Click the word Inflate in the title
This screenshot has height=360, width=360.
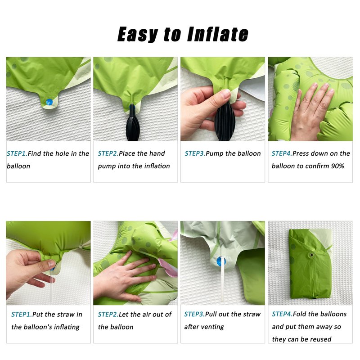coord(218,34)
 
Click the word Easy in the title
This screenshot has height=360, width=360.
coord(138,34)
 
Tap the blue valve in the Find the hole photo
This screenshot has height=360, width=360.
coord(49,102)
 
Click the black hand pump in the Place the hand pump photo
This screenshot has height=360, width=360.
coord(133,124)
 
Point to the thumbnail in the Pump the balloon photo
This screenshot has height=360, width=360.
coord(226,94)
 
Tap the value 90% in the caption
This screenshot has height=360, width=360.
coord(337,166)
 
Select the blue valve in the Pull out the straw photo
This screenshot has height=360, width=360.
coord(221,261)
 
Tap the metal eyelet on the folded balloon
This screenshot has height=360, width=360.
coord(311,255)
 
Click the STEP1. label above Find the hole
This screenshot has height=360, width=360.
coord(17,153)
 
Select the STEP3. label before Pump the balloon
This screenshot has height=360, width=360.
coord(195,153)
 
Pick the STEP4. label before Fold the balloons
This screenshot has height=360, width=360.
coord(283,314)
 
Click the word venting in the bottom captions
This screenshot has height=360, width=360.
coord(213,327)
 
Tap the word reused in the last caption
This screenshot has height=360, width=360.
coord(321,339)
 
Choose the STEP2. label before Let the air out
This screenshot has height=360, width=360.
coord(108,314)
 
